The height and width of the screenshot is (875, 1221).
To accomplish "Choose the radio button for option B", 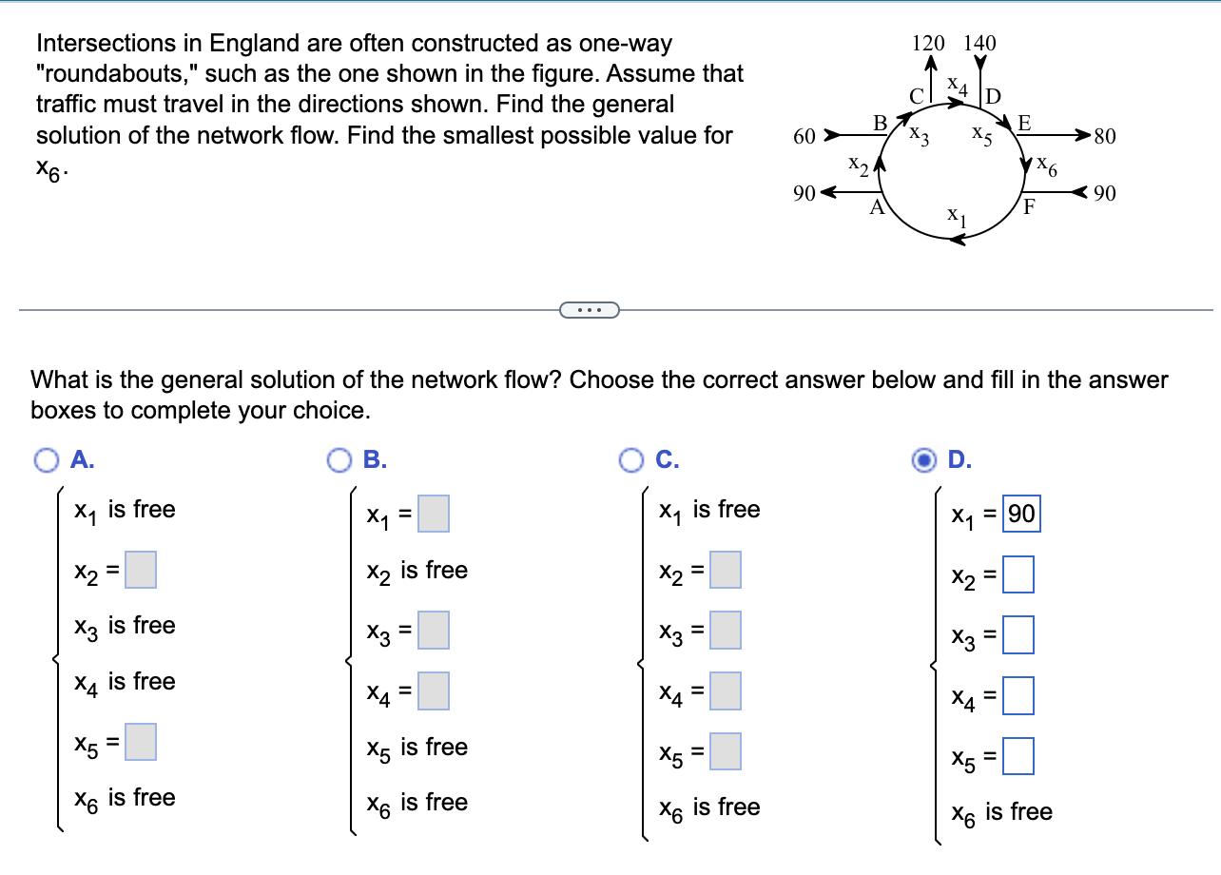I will tap(338, 460).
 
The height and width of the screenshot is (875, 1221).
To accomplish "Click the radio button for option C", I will tap(630, 460).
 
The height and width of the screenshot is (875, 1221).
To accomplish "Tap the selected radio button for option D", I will tap(922, 460).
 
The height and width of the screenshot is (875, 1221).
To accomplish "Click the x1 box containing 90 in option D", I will tap(1021, 515).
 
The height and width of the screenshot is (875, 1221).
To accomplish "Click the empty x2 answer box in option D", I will tap(1017, 576).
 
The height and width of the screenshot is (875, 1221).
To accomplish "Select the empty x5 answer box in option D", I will tap(1017, 759).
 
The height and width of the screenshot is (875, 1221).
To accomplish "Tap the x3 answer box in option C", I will tap(725, 630).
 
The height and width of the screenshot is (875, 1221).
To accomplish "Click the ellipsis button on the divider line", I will tap(590, 309).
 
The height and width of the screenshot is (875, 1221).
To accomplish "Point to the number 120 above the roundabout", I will tap(928, 43).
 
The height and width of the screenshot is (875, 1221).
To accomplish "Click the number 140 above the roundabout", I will tap(979, 43).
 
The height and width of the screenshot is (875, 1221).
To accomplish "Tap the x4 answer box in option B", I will tap(433, 690).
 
